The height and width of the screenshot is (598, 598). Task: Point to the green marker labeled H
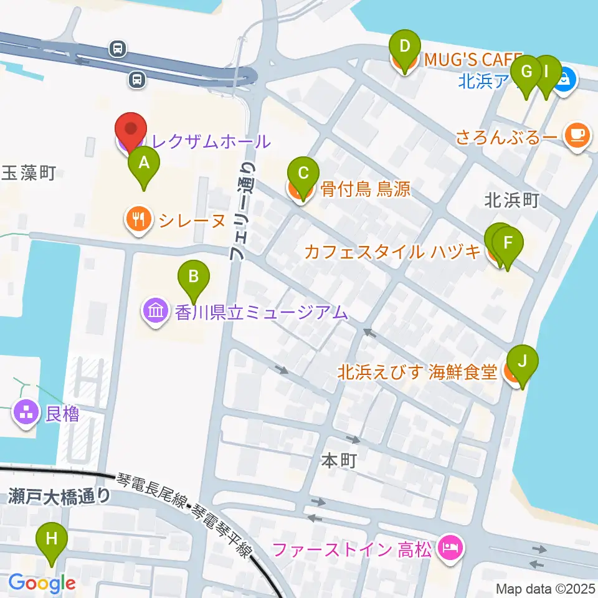click(52, 539)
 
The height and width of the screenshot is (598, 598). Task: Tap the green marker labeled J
click(522, 362)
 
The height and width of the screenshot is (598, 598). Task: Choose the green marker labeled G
click(526, 72)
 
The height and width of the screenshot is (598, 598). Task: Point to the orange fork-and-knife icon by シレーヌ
click(137, 219)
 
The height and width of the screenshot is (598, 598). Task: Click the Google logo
click(42, 583)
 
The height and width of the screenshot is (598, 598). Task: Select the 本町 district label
click(339, 461)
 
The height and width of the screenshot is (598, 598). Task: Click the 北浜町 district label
click(511, 200)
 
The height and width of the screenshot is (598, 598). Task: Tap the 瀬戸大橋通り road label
click(60, 496)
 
